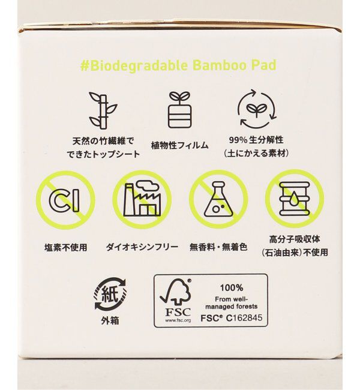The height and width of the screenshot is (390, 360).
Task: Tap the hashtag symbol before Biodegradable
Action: [x=85, y=66]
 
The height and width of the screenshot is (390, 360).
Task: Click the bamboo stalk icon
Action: [x=103, y=110]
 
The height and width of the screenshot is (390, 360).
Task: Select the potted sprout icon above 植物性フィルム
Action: [x=179, y=109]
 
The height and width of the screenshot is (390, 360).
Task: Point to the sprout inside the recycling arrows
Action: [x=257, y=109]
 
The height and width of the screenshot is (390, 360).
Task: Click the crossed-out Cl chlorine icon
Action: [x=65, y=200]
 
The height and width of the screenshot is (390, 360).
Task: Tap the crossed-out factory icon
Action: [x=142, y=199]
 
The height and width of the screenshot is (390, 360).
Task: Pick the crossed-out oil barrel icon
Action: [x=295, y=199]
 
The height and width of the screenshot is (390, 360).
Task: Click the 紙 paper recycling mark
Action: [x=110, y=294]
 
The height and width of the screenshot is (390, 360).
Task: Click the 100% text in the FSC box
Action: [x=232, y=288]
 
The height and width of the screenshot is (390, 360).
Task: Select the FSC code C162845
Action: [x=244, y=318]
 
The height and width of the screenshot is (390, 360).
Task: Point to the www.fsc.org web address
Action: [x=178, y=320]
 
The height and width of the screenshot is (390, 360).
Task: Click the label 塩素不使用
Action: [x=65, y=247]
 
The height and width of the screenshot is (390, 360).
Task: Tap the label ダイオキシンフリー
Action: [x=142, y=247]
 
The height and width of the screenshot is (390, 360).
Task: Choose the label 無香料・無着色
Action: [x=218, y=247]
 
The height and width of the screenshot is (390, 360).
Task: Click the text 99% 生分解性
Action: [x=256, y=140]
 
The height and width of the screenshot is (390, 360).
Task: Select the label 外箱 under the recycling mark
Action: [x=110, y=320]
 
